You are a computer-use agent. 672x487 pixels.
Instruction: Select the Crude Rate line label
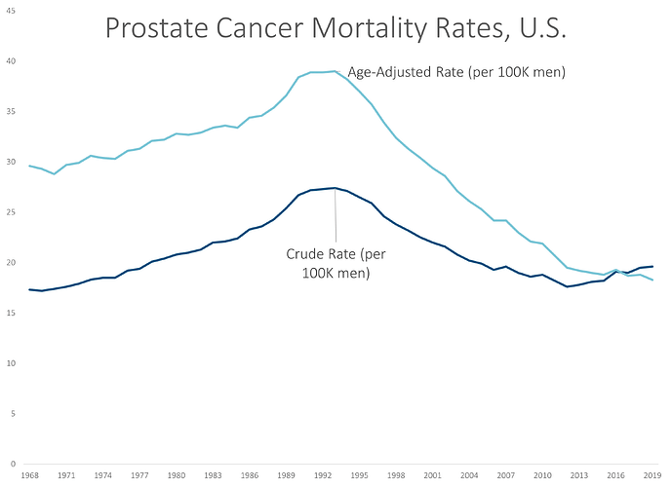[x=336, y=263]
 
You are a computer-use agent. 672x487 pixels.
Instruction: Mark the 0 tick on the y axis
[x=12, y=464]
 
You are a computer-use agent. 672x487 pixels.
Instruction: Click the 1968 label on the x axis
[x=29, y=475]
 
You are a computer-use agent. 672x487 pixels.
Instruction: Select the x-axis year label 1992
[x=322, y=475]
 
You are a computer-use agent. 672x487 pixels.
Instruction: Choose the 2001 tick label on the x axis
[x=431, y=475]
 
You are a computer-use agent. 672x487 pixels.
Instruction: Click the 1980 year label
[x=176, y=475]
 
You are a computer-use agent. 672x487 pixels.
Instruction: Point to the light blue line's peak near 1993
[x=335, y=71]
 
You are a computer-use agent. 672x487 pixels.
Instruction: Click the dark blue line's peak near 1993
[x=335, y=188]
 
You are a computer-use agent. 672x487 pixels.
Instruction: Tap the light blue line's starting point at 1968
[x=29, y=166]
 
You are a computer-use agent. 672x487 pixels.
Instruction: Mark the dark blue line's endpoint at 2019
[x=652, y=266]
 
